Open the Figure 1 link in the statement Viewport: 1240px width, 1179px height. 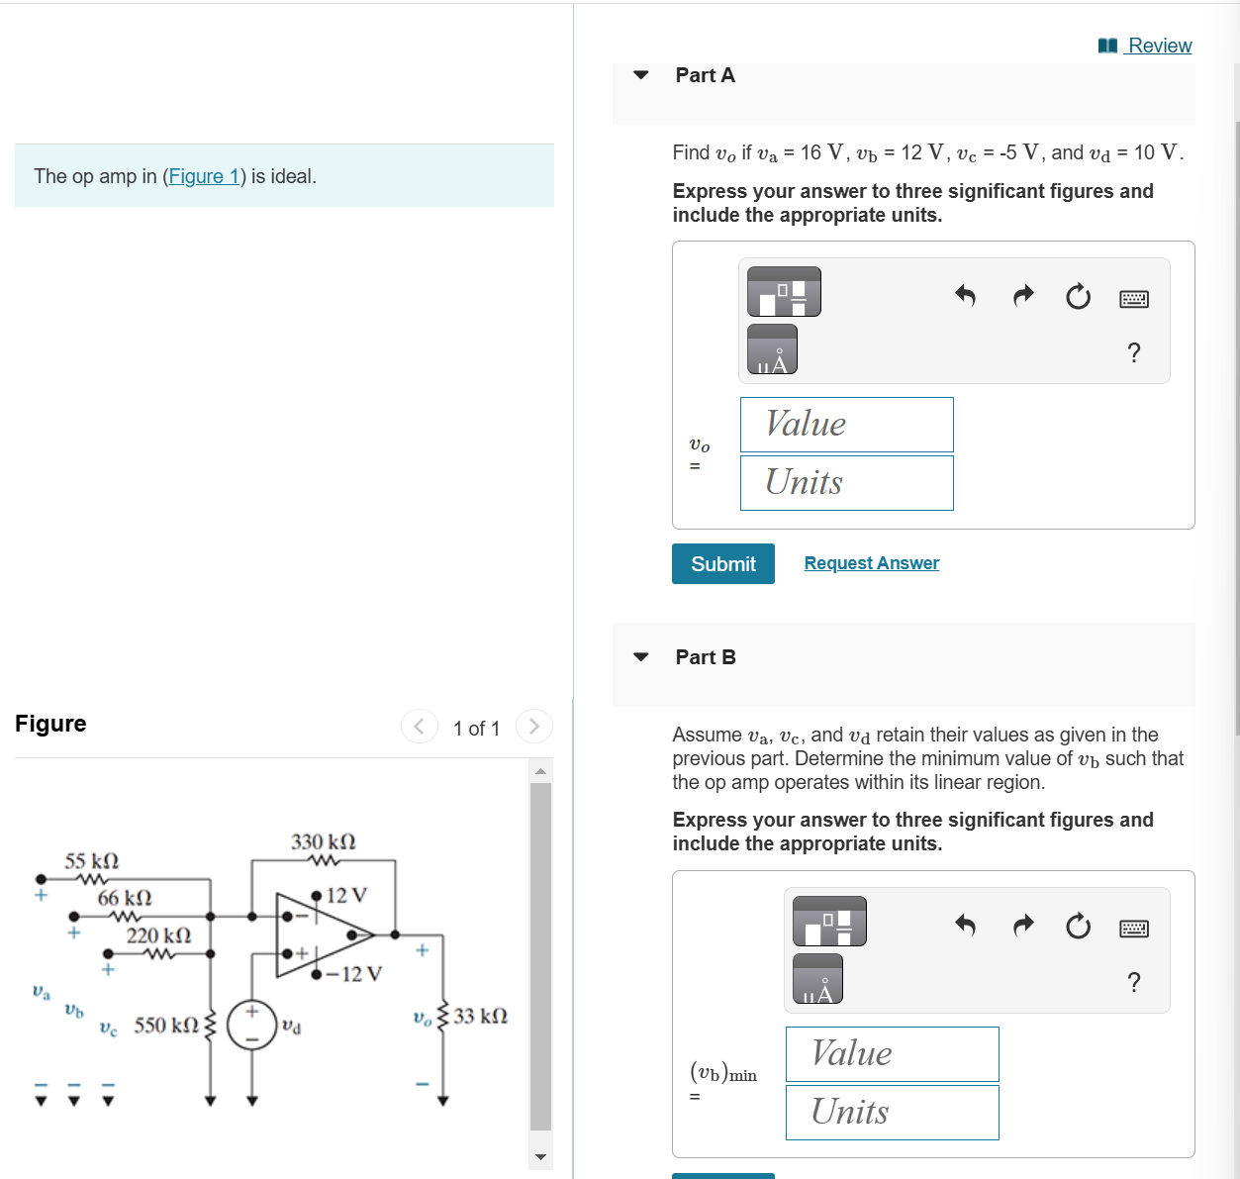pos(204,176)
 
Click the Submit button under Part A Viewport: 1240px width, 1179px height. pos(722,563)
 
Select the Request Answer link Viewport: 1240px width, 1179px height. pos(871,563)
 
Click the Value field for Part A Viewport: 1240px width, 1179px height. pos(846,425)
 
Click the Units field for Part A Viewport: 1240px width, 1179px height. pos(846,483)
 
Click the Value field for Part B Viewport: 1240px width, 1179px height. pos(892,1054)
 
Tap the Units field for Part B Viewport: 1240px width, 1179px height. pos(892,1113)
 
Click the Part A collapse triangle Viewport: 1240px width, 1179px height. pos(641,75)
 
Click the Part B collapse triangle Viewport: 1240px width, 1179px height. pos(641,657)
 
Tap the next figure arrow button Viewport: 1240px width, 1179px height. pos(534,727)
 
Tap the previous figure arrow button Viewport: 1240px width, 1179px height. pos(419,727)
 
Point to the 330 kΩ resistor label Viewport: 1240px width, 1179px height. pos(324,842)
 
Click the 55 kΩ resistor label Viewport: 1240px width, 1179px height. pos(92,861)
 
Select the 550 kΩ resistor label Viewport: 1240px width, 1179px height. pos(166,1026)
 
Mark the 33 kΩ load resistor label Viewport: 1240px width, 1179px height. pos(481,1017)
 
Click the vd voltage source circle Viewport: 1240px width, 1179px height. pos(251,1025)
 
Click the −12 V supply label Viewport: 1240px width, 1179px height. pos(353,974)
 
